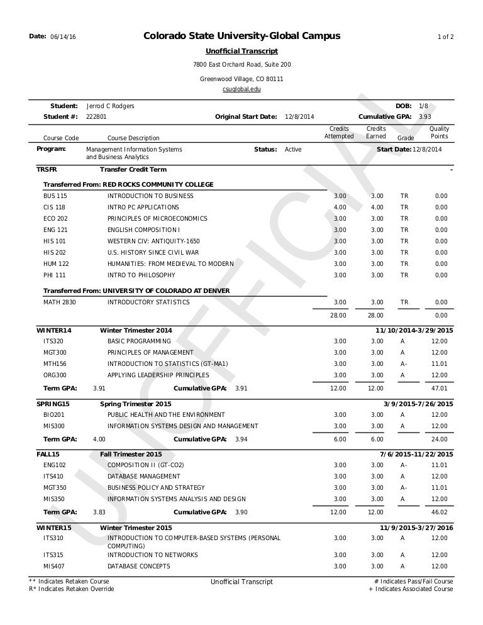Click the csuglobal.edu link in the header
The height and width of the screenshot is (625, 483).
241,90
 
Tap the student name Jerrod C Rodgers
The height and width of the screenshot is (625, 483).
110,106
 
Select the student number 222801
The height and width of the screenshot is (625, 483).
96,117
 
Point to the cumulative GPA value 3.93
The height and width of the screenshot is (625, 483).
425,117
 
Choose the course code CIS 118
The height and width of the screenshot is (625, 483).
54,207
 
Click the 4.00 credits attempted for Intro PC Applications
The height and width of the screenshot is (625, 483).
340,207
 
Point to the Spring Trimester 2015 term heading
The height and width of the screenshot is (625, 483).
136,404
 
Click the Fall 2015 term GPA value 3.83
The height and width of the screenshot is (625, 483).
99,512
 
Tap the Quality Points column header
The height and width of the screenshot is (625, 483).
439,133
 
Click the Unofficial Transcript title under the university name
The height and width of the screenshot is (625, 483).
241,51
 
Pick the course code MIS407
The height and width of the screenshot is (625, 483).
53,567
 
